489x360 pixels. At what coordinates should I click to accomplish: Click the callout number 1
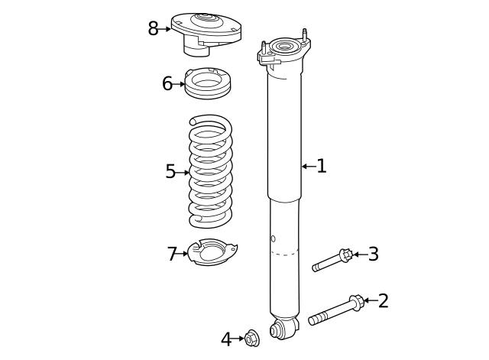322,166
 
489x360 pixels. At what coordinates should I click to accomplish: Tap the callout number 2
383,300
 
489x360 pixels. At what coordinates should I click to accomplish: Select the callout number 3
373,254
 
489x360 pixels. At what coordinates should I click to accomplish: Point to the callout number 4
226,339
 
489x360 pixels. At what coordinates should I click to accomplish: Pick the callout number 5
170,172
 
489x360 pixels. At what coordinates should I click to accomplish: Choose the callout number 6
167,83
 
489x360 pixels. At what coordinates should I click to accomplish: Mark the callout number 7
172,254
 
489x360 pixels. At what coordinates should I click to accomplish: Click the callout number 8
154,29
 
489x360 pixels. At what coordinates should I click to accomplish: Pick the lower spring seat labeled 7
211,253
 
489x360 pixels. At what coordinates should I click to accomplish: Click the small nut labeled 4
251,338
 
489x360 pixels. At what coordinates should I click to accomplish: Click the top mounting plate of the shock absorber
284,51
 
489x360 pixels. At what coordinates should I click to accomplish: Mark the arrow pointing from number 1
307,166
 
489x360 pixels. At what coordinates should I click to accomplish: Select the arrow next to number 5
183,173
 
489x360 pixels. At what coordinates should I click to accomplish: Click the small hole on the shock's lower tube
273,239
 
